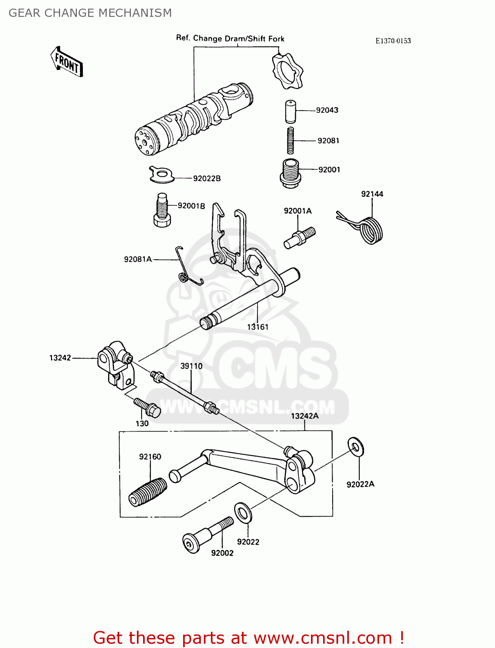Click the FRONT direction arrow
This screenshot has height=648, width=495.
[x=67, y=62]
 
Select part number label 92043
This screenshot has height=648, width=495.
[x=327, y=110]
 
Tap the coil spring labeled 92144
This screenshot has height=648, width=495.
[x=369, y=229]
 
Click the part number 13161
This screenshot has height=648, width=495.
[x=257, y=327]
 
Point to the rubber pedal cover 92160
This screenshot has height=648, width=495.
[x=148, y=492]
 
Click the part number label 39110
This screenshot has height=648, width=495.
[x=191, y=366]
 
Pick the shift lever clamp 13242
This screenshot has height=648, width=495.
[x=114, y=363]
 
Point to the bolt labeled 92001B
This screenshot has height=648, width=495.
[x=162, y=210]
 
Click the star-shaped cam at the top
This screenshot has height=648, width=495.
[x=287, y=70]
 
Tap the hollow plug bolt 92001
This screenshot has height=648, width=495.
[x=290, y=173]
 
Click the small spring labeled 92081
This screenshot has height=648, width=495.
[x=291, y=140]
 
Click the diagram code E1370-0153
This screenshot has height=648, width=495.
[x=393, y=41]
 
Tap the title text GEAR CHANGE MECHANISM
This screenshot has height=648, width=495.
[x=90, y=13]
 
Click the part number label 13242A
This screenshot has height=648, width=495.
[x=305, y=416]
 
